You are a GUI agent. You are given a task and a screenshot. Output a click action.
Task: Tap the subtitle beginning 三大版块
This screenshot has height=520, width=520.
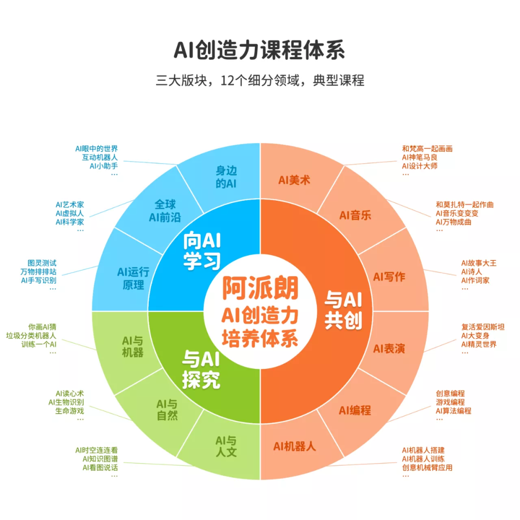[260, 80]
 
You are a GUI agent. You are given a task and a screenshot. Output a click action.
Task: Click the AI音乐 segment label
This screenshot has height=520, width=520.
[355, 215]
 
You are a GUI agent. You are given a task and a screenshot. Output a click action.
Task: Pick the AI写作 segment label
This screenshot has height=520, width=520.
[389, 277]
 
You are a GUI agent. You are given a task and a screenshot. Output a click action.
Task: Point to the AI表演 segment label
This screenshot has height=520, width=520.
[389, 349]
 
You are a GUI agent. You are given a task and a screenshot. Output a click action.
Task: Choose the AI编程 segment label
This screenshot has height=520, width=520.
[355, 410]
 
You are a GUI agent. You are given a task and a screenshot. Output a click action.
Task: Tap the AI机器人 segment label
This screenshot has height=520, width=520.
[295, 446]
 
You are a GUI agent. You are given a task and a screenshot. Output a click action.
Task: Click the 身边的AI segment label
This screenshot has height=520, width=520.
[226, 177]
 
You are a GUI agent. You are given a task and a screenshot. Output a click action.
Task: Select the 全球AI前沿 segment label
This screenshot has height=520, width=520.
[165, 210]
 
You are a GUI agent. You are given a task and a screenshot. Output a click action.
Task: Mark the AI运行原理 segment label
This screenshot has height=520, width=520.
[133, 278]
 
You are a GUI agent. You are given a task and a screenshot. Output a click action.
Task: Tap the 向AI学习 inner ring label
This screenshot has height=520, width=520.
[202, 250]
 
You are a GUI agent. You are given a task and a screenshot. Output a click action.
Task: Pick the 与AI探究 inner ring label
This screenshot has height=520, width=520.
[201, 369]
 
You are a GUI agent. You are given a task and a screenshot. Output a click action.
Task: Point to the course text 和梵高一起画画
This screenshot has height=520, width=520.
[427, 149]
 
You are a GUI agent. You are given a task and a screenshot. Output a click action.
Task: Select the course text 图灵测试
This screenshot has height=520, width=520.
[42, 263]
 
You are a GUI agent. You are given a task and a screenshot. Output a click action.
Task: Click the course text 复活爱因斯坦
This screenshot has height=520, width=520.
[482, 327]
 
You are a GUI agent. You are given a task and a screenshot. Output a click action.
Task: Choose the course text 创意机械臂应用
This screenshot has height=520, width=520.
[427, 468]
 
